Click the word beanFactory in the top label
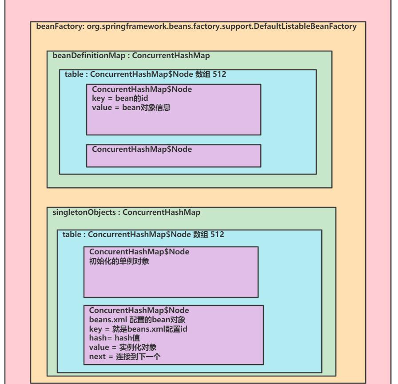(59, 26)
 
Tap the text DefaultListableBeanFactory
(305, 26)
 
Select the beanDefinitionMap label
(89, 55)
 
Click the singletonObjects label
(84, 212)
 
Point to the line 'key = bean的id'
(120, 98)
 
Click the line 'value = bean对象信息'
(131, 107)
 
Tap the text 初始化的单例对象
(119, 261)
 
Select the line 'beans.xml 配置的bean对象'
(137, 320)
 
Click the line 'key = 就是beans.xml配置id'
(138, 329)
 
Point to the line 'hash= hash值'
(115, 338)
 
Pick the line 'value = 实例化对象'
(123, 347)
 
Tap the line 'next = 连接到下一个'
(125, 356)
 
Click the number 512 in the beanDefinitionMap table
(219, 74)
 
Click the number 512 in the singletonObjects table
(217, 234)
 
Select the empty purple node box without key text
(174, 156)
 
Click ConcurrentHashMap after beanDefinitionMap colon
(171, 55)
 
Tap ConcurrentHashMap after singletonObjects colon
(161, 212)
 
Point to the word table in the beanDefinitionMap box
(74, 74)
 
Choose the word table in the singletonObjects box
(72, 234)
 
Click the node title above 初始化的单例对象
(139, 252)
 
